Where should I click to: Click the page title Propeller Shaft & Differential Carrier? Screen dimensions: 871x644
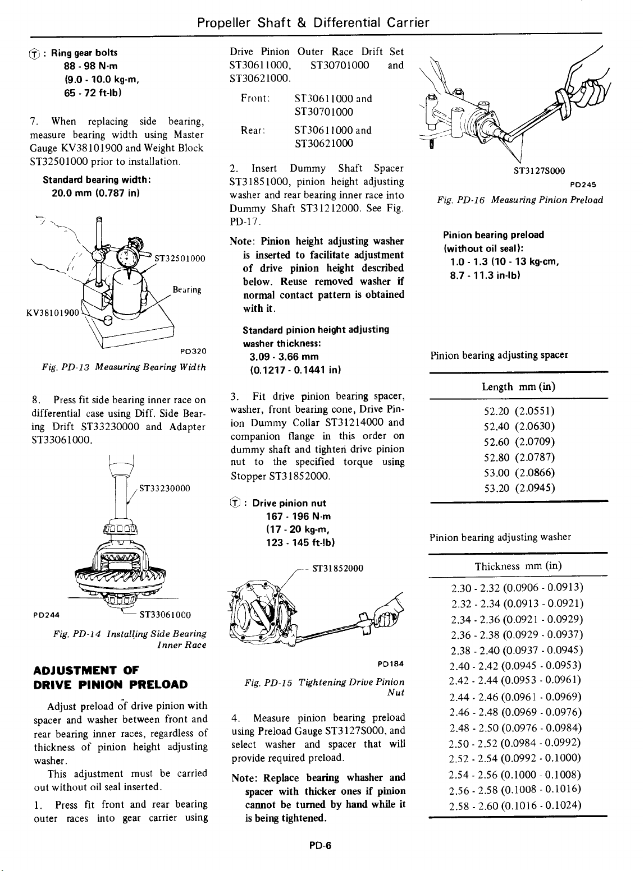click(x=313, y=23)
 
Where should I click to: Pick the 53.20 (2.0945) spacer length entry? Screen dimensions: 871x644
click(x=519, y=487)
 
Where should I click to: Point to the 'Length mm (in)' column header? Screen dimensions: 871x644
click(x=518, y=387)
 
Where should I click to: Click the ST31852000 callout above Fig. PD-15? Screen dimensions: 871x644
click(x=337, y=568)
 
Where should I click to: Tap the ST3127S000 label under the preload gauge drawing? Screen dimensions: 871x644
click(x=540, y=171)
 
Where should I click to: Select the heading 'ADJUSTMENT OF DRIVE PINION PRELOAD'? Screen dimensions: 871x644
click(x=109, y=678)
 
